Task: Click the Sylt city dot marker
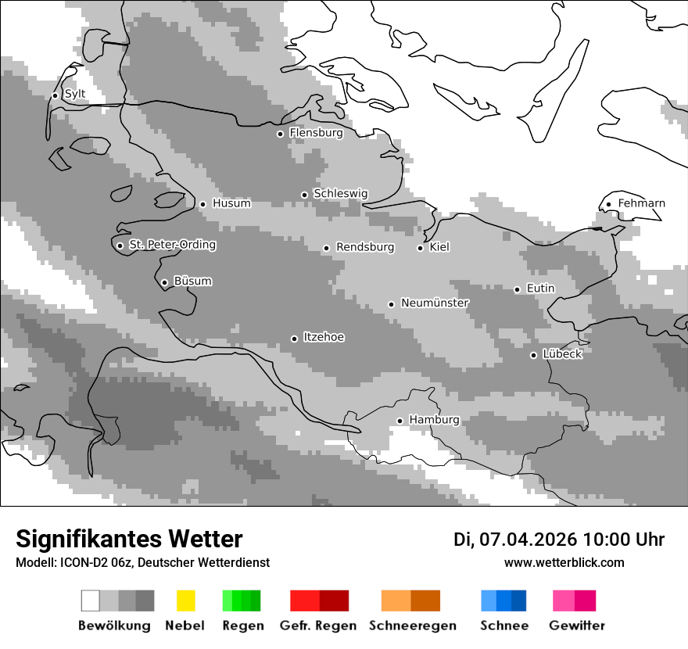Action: [x=55, y=95]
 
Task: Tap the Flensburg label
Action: [x=316, y=133]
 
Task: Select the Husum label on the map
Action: [x=231, y=203]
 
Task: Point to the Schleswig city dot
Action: [x=305, y=195]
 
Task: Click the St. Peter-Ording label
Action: [x=172, y=245]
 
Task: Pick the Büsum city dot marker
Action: [x=164, y=282]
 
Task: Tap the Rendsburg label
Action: [x=365, y=247]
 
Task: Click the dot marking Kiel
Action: [x=421, y=248]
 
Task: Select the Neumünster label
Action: [x=435, y=303]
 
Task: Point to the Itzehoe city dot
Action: [x=294, y=339]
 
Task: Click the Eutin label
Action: [x=540, y=289]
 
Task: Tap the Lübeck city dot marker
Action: [x=533, y=355]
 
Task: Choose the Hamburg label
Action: [x=434, y=420]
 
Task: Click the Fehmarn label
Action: [x=641, y=203]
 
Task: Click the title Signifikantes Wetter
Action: [x=129, y=540]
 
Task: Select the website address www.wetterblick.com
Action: [x=564, y=563]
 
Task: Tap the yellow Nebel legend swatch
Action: [x=185, y=601]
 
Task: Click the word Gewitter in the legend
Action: [x=577, y=626]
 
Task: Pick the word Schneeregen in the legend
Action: [x=412, y=626]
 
